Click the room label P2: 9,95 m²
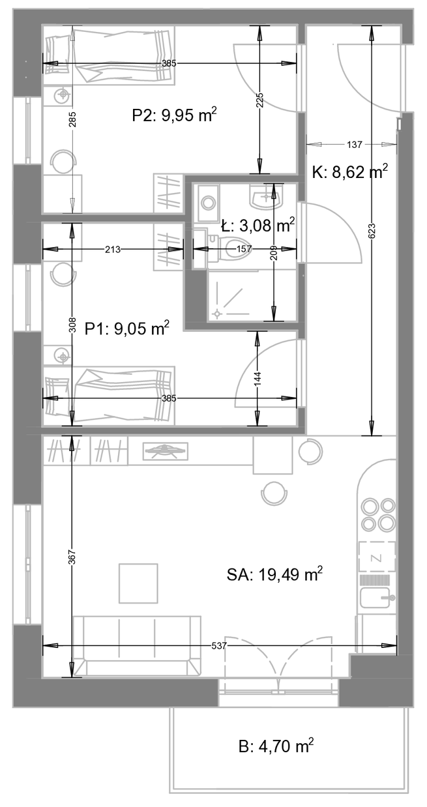tap(175, 115)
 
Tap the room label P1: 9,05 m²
tap(127, 328)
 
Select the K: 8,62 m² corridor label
tap(350, 172)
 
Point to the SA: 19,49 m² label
tap(274, 574)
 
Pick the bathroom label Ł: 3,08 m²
tap(258, 226)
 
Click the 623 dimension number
tap(372, 231)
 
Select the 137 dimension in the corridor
tap(355, 145)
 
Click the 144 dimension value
tap(258, 379)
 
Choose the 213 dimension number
tap(113, 249)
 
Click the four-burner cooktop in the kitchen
tap(378, 514)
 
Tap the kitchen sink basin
tap(375, 598)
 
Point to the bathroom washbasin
tap(266, 197)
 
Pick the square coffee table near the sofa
tap(138, 583)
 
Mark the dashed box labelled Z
tap(377, 557)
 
